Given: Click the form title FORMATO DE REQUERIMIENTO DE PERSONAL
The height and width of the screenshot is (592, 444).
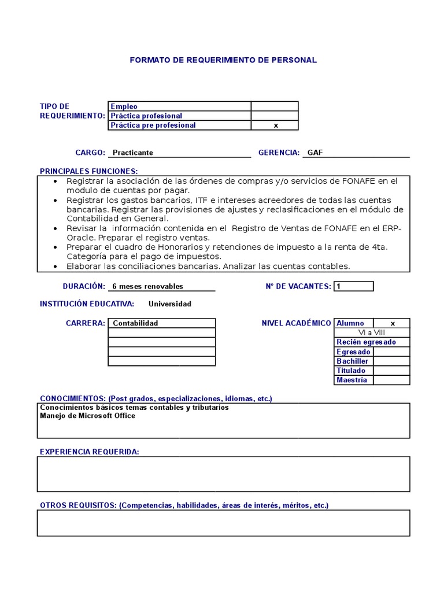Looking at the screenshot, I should (x=223, y=60).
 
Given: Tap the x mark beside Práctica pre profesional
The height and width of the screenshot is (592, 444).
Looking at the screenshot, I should (x=275, y=125).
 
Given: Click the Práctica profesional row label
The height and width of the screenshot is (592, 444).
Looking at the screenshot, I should (x=146, y=116).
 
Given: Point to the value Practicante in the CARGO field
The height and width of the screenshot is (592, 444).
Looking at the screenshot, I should (x=133, y=153).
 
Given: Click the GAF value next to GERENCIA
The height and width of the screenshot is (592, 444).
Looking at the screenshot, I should (x=315, y=153).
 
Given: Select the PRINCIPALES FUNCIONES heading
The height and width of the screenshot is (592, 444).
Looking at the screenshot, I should (x=88, y=171).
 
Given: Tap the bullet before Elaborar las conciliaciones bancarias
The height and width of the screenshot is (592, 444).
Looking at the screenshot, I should (x=55, y=267).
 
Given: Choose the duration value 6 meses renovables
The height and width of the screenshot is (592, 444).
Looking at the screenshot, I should (x=147, y=286).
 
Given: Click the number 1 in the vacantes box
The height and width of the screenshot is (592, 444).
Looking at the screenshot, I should (x=339, y=286).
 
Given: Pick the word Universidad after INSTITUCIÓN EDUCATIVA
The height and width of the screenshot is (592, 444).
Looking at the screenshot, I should (x=169, y=304).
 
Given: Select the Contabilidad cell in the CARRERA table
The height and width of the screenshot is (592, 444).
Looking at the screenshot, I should (x=135, y=323).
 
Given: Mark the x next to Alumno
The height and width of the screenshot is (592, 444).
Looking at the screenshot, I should (x=392, y=324).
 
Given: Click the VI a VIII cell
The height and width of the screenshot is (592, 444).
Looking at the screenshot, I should (x=372, y=332).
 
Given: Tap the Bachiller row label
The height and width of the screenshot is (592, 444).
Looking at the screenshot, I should (x=352, y=361).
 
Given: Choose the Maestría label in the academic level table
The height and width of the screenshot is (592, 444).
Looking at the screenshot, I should (x=351, y=380).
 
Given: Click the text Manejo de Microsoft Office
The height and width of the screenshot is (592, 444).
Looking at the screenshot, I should (x=87, y=416).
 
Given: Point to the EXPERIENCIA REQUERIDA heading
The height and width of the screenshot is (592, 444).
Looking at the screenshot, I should (x=89, y=452).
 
